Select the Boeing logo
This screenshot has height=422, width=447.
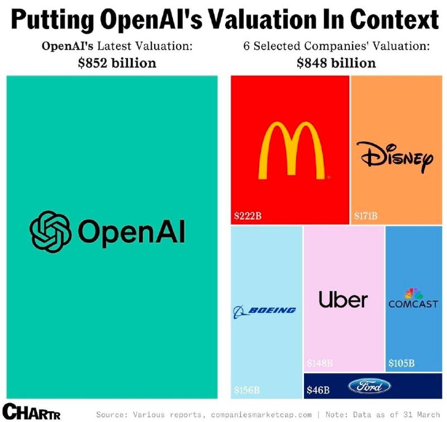pyautogui.click(x=264, y=310)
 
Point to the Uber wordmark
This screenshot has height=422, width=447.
pyautogui.click(x=343, y=300)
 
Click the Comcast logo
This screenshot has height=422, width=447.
pyautogui.click(x=413, y=299)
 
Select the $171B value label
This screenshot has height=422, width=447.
pyautogui.click(x=366, y=215)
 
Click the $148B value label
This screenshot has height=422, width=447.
pyautogui.click(x=320, y=363)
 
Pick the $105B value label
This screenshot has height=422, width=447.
pyautogui.click(x=401, y=363)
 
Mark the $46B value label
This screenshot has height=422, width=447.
pyautogui.click(x=318, y=390)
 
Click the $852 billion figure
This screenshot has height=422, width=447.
pyautogui.click(x=117, y=63)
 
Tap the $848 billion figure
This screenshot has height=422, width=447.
pyautogui.click(x=336, y=63)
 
